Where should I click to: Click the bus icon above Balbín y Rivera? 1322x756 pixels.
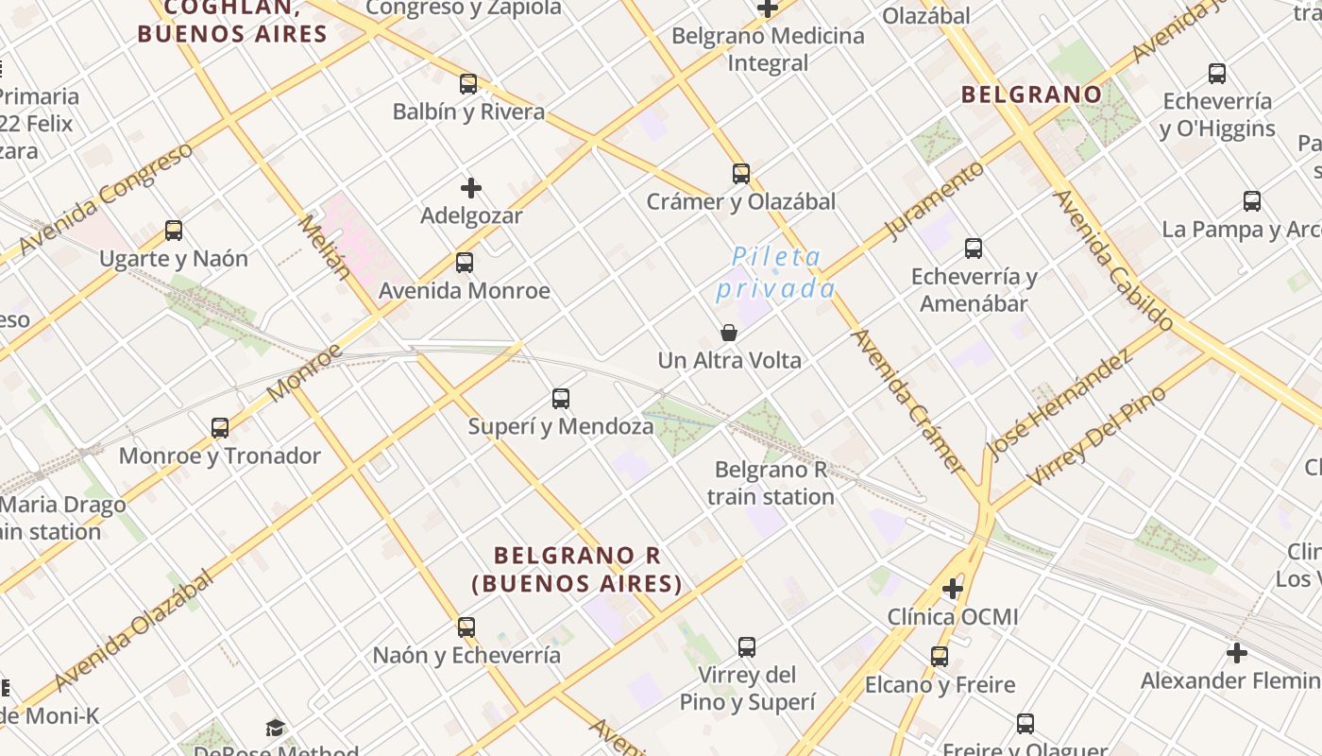tap(468, 83)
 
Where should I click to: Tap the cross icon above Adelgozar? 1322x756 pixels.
tap(470, 187)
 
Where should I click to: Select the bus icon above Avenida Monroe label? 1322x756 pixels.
tap(465, 262)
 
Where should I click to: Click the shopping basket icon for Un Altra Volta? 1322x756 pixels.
tap(729, 333)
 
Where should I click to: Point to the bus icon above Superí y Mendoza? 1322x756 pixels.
tap(561, 399)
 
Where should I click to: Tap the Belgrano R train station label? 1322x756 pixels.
tap(771, 483)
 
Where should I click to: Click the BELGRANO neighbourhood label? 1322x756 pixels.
tap(1031, 94)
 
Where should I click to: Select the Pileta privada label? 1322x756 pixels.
tap(776, 272)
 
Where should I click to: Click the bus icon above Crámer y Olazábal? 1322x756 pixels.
tap(741, 174)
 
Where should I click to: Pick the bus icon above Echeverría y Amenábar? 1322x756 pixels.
tap(974, 249)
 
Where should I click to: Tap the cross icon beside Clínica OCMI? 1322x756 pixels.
tap(953, 590)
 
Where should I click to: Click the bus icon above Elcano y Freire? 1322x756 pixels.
tap(940, 656)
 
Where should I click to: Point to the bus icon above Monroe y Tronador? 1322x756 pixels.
tap(220, 427)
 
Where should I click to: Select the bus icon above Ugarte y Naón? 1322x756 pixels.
tap(174, 230)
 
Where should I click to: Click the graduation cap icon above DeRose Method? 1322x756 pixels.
tap(275, 728)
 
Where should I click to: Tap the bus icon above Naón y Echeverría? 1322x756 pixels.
tap(466, 627)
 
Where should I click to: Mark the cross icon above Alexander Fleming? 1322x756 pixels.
tap(1237, 652)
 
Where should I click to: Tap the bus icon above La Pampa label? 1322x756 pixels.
tap(1252, 200)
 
